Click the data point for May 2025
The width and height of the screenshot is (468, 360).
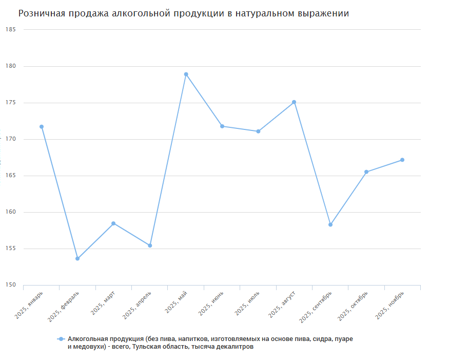click(x=186, y=74)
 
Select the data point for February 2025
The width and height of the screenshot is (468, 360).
click(x=77, y=258)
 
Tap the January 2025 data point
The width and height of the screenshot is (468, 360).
click(x=42, y=127)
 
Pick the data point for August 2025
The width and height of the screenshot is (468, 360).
click(x=294, y=102)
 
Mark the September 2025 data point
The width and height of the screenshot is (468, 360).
click(x=330, y=224)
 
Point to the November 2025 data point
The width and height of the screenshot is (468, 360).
click(x=402, y=160)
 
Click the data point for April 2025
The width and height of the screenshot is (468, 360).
click(x=150, y=245)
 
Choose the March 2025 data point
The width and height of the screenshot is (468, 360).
click(x=113, y=223)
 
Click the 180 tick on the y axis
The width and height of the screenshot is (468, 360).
click(x=11, y=66)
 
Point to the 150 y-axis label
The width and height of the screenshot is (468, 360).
click(x=11, y=285)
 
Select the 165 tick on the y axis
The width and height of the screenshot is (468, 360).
click(x=11, y=176)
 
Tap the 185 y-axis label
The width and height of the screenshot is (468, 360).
click(x=11, y=30)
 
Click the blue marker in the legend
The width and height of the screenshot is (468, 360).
click(x=61, y=339)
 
